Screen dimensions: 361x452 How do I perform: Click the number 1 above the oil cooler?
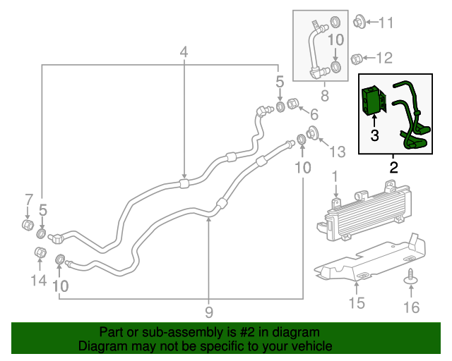click(x=335, y=175)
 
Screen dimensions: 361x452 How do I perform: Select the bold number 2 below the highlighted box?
click(x=393, y=167)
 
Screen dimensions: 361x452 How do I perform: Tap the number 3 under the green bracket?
click(x=375, y=135)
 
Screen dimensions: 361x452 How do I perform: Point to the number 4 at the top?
click(x=184, y=51)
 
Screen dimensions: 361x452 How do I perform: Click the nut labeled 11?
click(x=359, y=23)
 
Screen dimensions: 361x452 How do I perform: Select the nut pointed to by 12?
click(x=358, y=58)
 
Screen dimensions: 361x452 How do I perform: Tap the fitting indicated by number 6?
click(x=293, y=106)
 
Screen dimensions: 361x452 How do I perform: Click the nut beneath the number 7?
click(x=28, y=226)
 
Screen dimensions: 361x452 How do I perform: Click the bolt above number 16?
click(x=410, y=281)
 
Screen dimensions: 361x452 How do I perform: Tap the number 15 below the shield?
click(x=357, y=303)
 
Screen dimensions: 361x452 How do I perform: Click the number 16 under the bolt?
click(x=410, y=307)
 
